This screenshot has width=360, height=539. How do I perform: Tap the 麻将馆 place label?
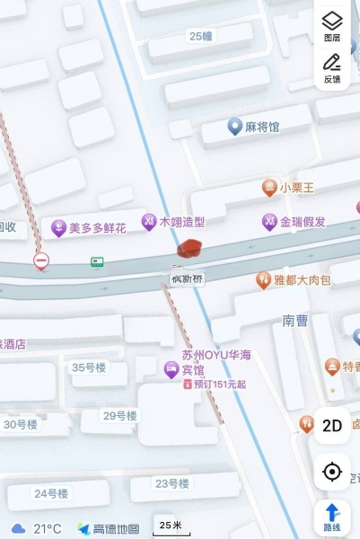coord(262,127)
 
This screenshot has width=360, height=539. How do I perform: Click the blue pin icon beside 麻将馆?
coord(234,127)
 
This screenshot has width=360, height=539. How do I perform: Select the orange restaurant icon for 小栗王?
coord(268,188)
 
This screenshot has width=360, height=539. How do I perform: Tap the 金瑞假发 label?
coord(303,221)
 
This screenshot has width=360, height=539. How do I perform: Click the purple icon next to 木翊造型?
coord(149,221)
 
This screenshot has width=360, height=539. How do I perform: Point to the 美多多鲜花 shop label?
coord(97,228)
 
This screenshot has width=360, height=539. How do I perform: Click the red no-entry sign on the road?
coord(41,261)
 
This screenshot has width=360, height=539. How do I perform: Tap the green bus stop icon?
coord(96,262)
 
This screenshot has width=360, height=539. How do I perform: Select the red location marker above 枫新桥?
coord(189,249)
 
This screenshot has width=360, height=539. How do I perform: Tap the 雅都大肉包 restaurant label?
coord(302,280)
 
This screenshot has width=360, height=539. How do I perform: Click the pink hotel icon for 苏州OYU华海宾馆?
coord(170,369)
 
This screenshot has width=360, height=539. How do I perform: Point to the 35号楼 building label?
coord(89,367)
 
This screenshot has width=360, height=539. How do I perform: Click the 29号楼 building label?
coord(119,416)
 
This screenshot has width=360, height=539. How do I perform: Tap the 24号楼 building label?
coord(51,493)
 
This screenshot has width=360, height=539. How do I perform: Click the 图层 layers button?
coord(332,26)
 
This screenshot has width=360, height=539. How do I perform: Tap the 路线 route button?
coord(332,517)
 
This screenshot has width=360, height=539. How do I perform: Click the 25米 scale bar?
coord(171,526)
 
